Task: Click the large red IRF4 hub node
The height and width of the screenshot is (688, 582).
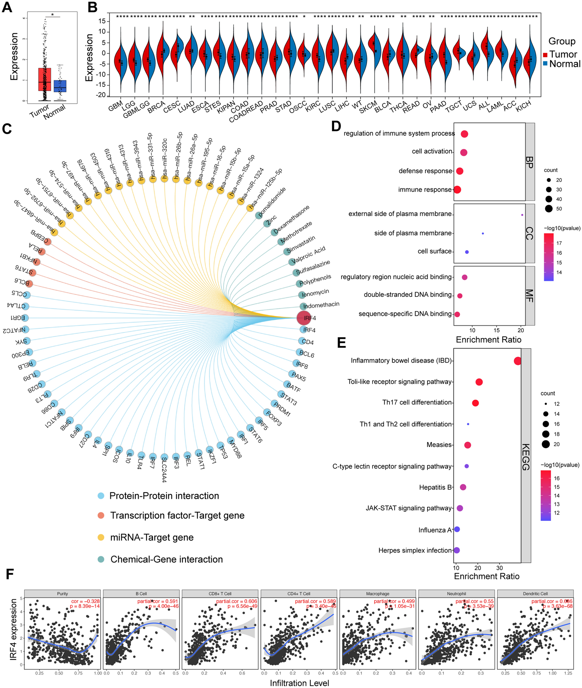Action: [304, 318]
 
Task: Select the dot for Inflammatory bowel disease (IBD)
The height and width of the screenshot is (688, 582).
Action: [518, 361]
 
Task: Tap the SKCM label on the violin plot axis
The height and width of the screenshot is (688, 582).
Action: [368, 107]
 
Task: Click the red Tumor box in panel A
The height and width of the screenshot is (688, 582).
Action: [45, 79]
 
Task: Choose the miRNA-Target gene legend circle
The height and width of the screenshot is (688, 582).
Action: [101, 537]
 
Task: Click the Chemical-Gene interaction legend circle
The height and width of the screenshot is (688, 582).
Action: [101, 559]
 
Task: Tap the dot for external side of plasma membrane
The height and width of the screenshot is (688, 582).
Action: [522, 215]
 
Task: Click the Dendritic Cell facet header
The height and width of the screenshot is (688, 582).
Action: [535, 593]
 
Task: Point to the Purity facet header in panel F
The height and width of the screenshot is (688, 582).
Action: [62, 593]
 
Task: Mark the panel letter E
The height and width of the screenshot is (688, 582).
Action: [341, 343]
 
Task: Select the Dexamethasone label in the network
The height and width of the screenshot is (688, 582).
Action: [291, 220]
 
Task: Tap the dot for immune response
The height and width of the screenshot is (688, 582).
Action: [457, 190]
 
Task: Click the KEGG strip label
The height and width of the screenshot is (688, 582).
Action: [526, 457]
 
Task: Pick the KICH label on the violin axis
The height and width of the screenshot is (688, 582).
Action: [523, 106]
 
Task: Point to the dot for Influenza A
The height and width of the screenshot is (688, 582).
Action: [457, 529]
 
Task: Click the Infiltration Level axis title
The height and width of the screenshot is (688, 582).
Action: [299, 683]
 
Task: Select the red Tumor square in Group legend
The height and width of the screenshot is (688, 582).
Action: [545, 55]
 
